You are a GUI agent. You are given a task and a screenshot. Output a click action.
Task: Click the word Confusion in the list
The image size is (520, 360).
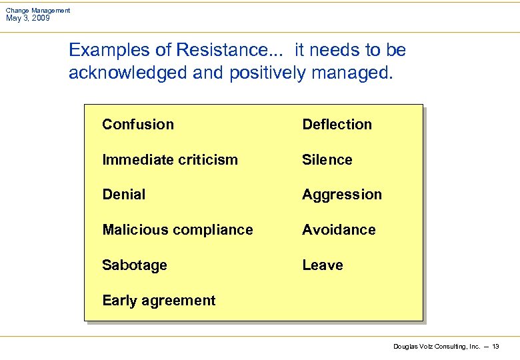point(138,125)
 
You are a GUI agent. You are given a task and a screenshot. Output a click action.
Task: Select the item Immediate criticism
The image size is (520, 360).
point(170,160)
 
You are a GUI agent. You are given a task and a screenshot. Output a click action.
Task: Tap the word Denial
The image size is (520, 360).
point(123,195)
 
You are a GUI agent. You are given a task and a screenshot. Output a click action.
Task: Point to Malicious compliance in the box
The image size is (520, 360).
point(177,230)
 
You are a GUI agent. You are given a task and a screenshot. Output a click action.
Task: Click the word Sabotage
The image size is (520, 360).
point(135,265)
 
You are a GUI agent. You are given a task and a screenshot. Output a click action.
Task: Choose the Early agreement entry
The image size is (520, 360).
point(159,301)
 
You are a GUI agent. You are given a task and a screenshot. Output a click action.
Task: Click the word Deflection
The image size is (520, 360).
point(337,125)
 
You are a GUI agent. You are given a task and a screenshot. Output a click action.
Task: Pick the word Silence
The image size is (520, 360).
point(327,160)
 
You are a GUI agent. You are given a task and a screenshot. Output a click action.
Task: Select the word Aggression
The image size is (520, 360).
point(342,195)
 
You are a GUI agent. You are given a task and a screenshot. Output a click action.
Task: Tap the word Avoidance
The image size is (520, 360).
point(339,230)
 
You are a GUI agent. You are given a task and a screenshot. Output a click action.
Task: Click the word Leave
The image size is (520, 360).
point(322,265)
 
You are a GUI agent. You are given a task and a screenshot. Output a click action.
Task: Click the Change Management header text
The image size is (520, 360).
point(37,11)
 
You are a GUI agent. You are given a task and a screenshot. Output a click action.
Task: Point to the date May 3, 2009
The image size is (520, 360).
point(27,18)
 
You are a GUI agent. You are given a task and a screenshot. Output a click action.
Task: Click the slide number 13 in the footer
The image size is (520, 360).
point(495,347)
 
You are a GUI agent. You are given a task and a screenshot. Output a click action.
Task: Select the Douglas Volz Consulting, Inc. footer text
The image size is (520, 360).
point(437,347)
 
